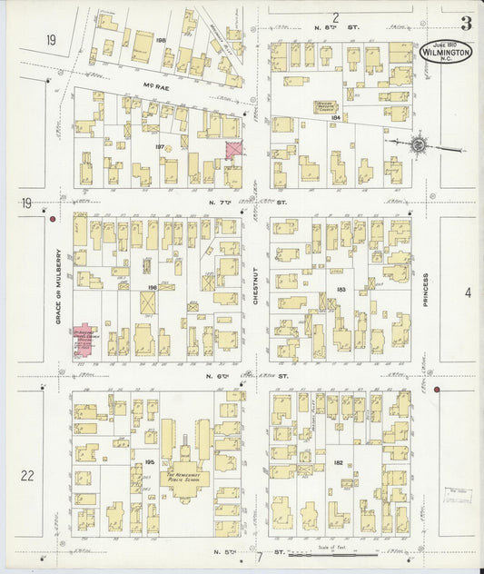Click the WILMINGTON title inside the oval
[x=446, y=54]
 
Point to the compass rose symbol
[x=418, y=143]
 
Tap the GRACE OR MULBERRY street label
[x=56, y=287]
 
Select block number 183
[x=341, y=289]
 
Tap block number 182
[x=338, y=462]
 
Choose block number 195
[x=148, y=463]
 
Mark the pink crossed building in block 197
[x=233, y=151]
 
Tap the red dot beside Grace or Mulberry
[x=54, y=219]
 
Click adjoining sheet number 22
[x=27, y=475]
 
